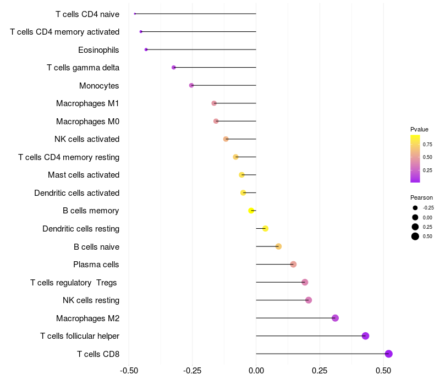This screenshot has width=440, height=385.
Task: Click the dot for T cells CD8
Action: [388, 354]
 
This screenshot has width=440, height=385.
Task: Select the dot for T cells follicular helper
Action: [365, 336]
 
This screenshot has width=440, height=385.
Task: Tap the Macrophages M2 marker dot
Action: [335, 318]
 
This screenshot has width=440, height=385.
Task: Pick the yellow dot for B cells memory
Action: [251, 211]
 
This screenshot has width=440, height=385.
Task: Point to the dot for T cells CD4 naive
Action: [135, 14]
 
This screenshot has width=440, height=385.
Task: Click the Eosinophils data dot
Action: [146, 50]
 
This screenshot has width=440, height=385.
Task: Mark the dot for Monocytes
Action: [191, 85]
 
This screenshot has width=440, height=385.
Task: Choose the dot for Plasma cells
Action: [293, 265]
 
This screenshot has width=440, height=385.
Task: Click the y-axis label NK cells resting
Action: [91, 300]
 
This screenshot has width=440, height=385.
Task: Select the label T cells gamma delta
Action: [83, 68]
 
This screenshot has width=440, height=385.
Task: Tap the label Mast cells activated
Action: [84, 175]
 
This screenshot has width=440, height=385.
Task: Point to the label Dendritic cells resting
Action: [81, 229]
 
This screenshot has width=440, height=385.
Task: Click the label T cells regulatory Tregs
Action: [74, 283]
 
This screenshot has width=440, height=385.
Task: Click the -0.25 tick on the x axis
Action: [192, 371]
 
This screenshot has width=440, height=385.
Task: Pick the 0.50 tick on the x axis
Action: [383, 371]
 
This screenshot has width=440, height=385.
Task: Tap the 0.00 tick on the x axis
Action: [256, 371]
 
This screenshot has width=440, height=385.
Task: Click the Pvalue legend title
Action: [419, 129]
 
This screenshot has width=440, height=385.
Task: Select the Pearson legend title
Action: [421, 197]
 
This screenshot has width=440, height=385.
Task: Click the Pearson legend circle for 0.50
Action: [415, 237]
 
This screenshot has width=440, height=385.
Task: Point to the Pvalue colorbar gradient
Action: [415, 158]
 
